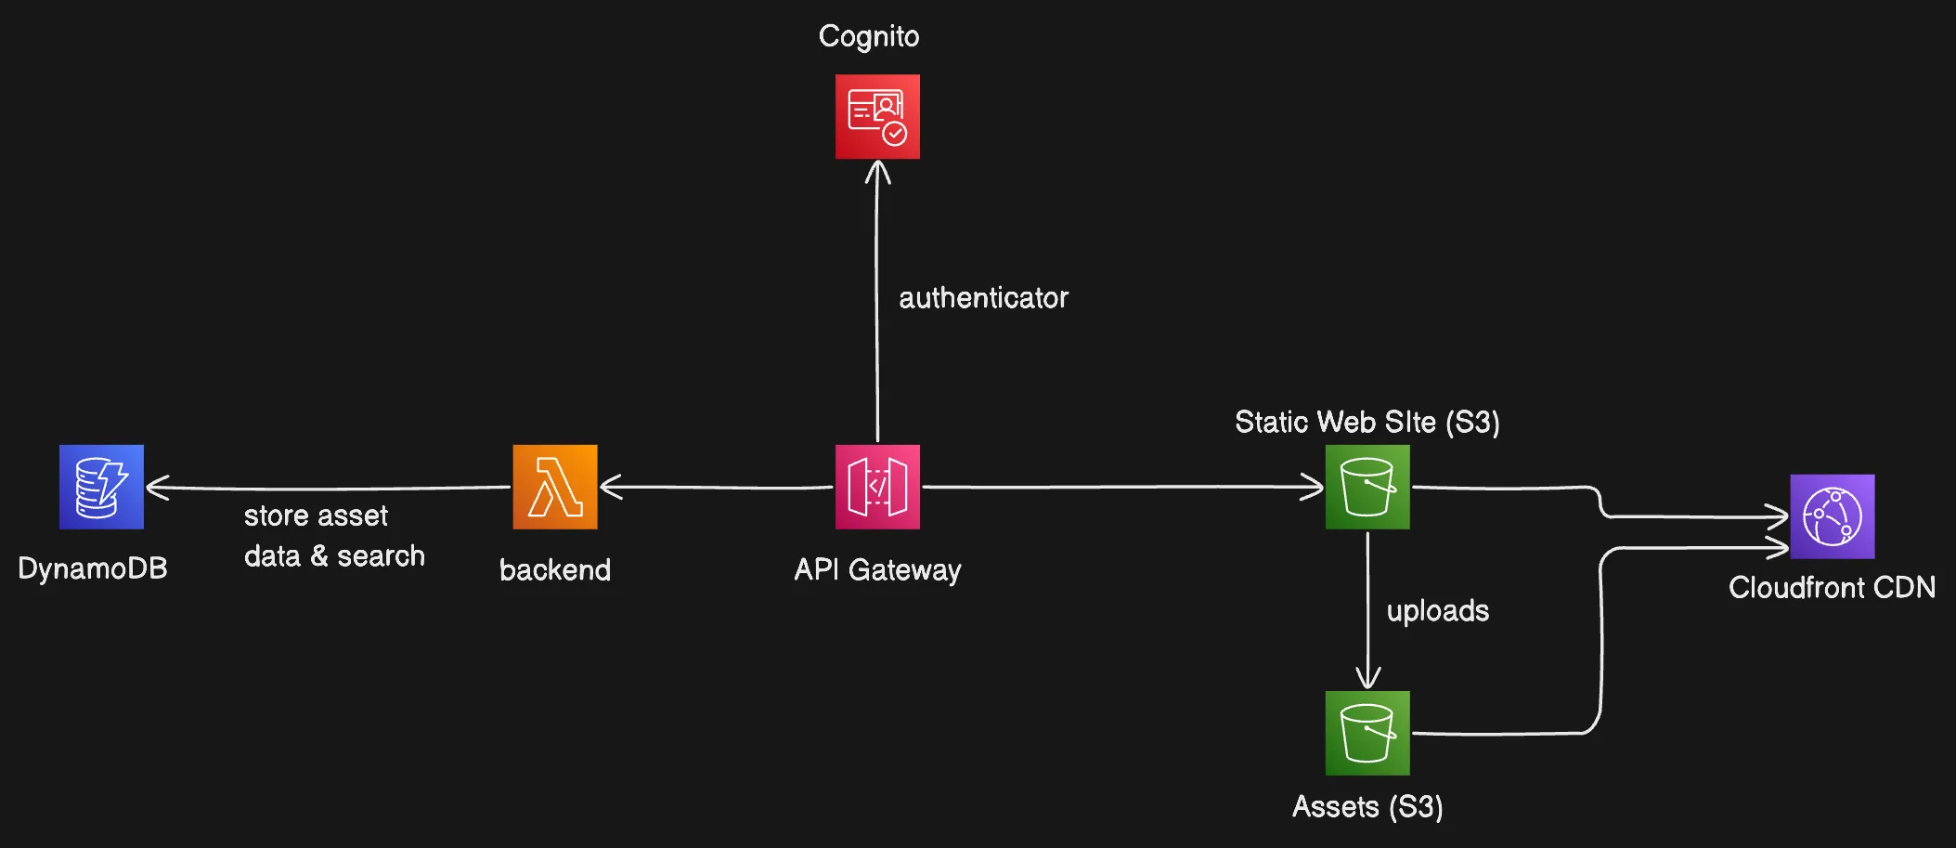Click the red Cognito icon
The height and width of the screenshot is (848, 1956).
(x=877, y=117)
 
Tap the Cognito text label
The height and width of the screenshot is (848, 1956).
(x=869, y=36)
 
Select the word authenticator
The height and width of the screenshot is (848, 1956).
(x=983, y=297)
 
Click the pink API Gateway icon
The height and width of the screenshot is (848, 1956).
(x=877, y=487)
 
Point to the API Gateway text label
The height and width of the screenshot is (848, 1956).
(x=877, y=569)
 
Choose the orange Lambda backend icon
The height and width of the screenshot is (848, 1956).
(x=555, y=487)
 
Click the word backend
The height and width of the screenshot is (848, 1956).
(x=555, y=569)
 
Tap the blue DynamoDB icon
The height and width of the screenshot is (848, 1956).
(x=101, y=487)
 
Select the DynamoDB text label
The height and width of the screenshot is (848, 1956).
(x=93, y=568)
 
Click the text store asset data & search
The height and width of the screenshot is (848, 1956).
(x=334, y=536)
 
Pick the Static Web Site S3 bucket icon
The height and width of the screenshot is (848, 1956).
(x=1367, y=487)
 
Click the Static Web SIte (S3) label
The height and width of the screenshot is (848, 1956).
(x=1367, y=422)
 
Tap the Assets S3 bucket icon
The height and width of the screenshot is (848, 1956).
(x=1367, y=733)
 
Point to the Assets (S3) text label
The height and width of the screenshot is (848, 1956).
(x=1367, y=806)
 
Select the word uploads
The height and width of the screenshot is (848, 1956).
(x=1437, y=610)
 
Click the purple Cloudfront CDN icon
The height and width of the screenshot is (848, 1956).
(x=1832, y=516)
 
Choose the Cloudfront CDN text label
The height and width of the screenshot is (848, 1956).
(x=1832, y=587)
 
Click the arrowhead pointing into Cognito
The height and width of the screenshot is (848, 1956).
(x=877, y=171)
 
